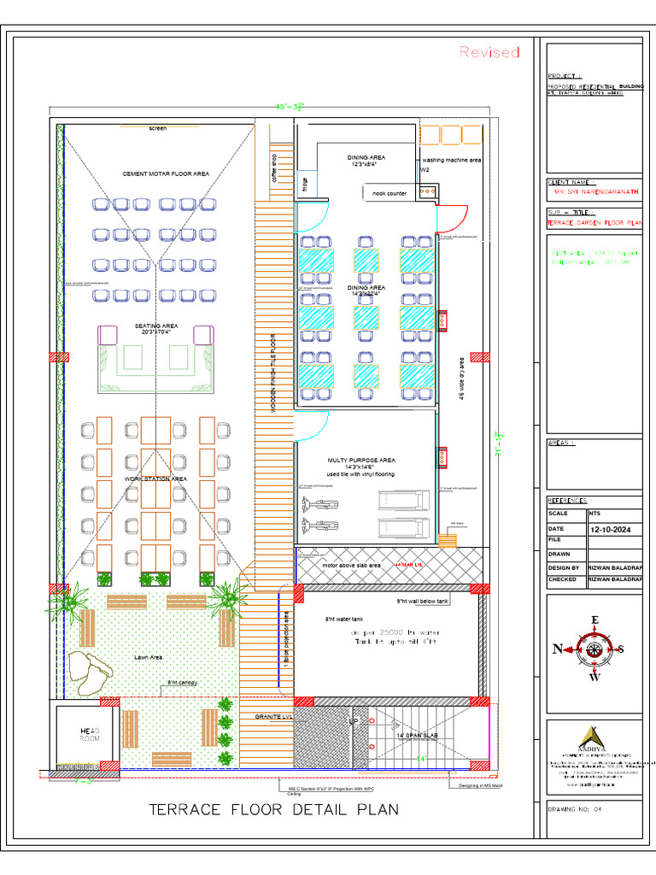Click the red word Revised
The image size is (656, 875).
489,52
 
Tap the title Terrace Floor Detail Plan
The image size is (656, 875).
273,808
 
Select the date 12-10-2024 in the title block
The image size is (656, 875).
614,530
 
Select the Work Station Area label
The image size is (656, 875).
155,479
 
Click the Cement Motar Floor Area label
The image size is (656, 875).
167,173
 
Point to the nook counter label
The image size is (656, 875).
389,194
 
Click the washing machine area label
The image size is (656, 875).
452,160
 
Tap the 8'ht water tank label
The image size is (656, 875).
341,619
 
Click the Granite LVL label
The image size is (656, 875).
273,717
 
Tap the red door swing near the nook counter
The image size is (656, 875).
449,218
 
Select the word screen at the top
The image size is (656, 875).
158,128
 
